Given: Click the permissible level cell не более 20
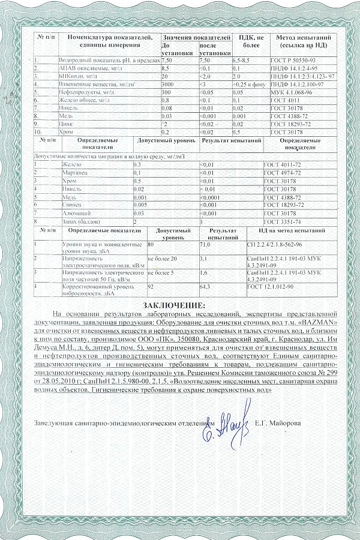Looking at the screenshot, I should pyautogui.click(x=166, y=258).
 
